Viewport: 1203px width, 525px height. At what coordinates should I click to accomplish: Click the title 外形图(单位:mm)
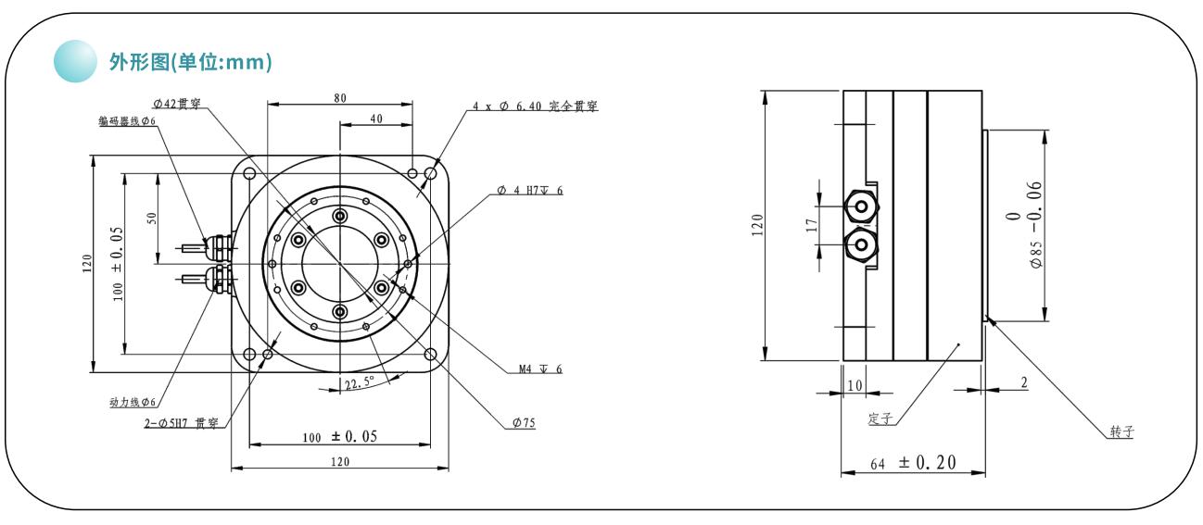coord(191,62)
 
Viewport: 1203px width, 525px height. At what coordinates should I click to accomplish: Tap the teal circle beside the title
coord(75,61)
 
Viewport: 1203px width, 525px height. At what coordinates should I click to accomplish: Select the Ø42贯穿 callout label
coord(177,104)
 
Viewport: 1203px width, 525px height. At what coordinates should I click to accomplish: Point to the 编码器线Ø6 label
coord(127,120)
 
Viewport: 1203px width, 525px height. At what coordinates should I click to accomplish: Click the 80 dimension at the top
coord(340,98)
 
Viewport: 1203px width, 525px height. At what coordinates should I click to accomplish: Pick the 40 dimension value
coord(376,119)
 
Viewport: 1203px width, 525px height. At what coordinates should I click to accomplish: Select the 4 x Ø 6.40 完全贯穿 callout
coord(535,106)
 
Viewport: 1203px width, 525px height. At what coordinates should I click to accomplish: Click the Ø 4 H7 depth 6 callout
coord(530,190)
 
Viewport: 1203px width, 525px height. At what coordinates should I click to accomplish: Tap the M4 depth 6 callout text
coord(540,369)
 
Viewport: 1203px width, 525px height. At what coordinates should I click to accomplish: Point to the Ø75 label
coord(524,423)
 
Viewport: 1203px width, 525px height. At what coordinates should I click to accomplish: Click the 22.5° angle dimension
coord(360,383)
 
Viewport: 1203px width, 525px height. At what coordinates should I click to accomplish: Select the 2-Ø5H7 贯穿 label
coord(181,423)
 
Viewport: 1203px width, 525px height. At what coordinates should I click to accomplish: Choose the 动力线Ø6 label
coord(133,402)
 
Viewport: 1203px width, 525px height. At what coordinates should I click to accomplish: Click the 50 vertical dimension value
coord(151,218)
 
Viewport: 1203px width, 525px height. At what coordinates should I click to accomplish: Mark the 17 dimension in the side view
coord(812,225)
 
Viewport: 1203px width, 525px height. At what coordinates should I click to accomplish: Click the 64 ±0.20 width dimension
coord(913,463)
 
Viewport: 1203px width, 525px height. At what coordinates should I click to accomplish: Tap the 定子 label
coord(880,419)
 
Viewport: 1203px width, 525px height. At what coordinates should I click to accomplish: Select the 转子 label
coord(1122,431)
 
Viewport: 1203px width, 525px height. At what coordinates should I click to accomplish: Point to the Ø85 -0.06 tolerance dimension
coord(1026,224)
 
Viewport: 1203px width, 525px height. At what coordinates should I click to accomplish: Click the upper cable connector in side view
coord(860,207)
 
